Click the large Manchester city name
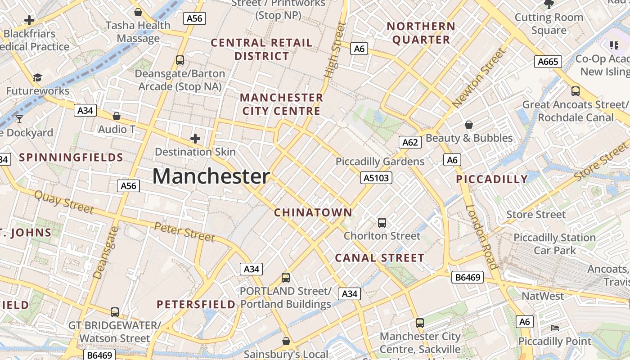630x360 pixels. click(x=211, y=176)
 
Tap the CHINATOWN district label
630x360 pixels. click(x=313, y=212)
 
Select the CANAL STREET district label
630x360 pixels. click(x=380, y=258)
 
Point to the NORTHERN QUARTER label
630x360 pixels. click(x=421, y=33)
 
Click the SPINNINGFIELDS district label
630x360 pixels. click(x=71, y=157)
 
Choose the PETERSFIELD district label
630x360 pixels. click(x=196, y=304)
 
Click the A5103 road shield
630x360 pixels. click(x=376, y=178)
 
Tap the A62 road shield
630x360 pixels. click(x=410, y=143)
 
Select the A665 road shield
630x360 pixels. click(x=548, y=62)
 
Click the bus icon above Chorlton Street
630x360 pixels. click(x=382, y=222)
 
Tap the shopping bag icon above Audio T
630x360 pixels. click(x=117, y=116)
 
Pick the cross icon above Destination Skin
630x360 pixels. click(x=195, y=139)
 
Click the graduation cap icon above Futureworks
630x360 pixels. click(x=37, y=78)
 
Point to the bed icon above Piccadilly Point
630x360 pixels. click(x=555, y=328)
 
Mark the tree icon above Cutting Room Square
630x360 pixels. click(x=549, y=4)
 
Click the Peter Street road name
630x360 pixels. click(x=184, y=231)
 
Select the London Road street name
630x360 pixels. click(x=481, y=237)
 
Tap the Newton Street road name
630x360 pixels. click(x=480, y=78)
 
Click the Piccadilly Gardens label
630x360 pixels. click(x=380, y=162)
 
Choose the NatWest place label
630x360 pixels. click(x=543, y=296)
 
